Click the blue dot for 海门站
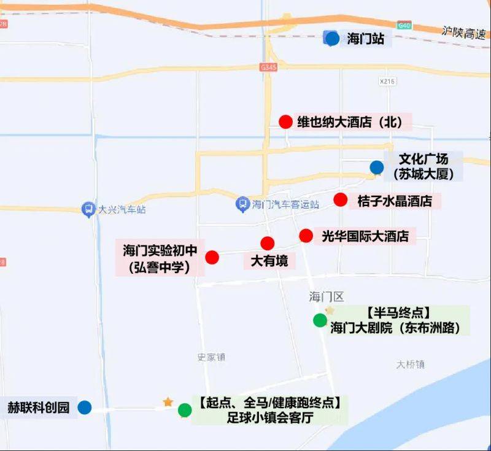click(x=332, y=39)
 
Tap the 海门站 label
click(x=366, y=39)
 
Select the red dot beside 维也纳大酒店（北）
click(x=285, y=121)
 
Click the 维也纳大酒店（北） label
click(x=349, y=121)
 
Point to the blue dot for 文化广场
click(x=377, y=167)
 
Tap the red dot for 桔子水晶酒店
click(x=341, y=199)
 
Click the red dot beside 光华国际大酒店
click(x=306, y=235)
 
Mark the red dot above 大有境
click(x=268, y=243)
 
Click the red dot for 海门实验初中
click(x=212, y=257)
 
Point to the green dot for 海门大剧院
click(x=320, y=320)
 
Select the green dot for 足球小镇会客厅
click(x=184, y=410)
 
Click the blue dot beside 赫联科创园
click(x=85, y=407)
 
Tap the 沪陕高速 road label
click(x=465, y=30)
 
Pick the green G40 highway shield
click(x=403, y=25)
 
